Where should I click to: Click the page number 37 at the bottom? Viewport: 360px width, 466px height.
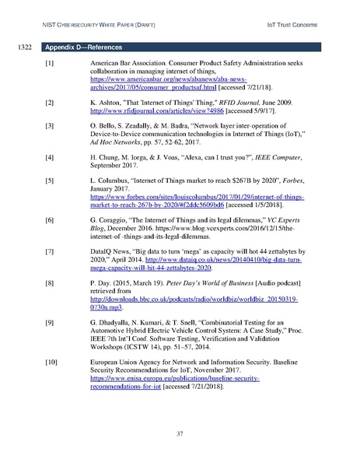click(x=180, y=433)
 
